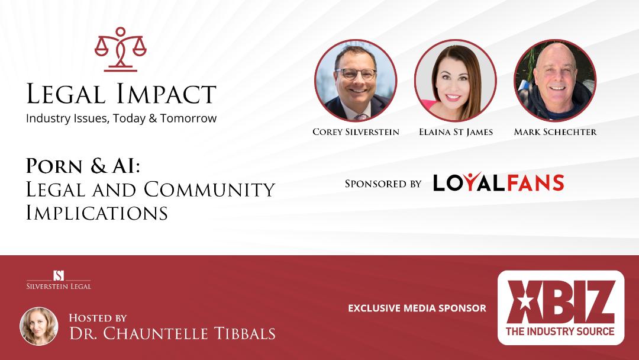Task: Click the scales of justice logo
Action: pos(120,49)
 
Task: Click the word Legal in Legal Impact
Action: pos(66,94)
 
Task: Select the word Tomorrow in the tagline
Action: pos(188,118)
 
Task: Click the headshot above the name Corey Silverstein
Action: pos(356,81)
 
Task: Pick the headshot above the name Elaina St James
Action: pos(455,81)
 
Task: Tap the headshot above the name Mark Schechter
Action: pos(555,81)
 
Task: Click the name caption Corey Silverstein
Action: pos(356,132)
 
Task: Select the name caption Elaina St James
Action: pos(456,132)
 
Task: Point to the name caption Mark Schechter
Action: pos(555,132)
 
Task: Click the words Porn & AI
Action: pos(83,166)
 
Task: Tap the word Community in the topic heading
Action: pos(209,189)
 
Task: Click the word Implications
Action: pos(97,213)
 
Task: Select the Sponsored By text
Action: pos(383,184)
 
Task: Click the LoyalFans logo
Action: pos(498,182)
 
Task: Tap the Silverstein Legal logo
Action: pos(59,279)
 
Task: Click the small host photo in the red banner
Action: pos(38,326)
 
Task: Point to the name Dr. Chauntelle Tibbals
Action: pos(172,333)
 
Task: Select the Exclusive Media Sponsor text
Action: pos(417,308)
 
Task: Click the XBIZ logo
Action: pos(561,307)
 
